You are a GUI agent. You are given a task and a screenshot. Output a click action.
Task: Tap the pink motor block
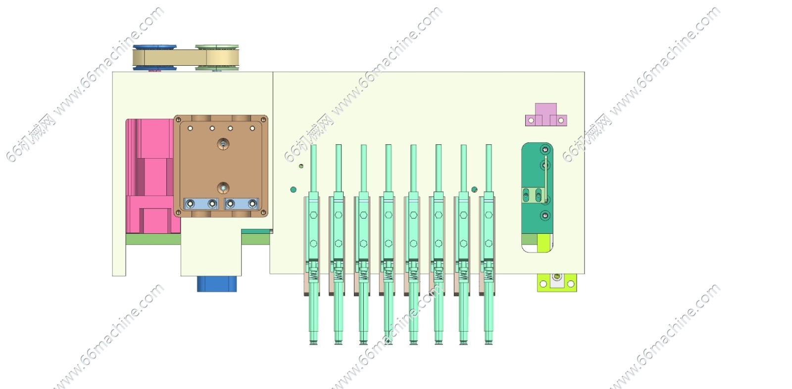(153, 176)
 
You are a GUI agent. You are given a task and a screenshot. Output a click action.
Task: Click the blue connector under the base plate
(217, 284)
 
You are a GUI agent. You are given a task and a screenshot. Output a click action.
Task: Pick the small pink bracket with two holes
(546, 115)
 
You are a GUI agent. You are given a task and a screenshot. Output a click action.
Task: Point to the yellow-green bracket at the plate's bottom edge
(557, 283)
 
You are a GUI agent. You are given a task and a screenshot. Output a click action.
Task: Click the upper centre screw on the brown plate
(223, 144)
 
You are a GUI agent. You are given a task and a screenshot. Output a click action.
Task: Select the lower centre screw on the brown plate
(223, 188)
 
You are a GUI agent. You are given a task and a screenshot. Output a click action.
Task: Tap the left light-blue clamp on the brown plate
(201, 204)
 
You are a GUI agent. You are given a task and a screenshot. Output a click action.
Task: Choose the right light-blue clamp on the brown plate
(241, 204)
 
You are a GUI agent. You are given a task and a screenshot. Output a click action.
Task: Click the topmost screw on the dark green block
(545, 150)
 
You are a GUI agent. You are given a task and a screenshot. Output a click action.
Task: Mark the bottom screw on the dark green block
(545, 216)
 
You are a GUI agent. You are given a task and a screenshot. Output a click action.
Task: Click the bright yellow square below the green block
(544, 243)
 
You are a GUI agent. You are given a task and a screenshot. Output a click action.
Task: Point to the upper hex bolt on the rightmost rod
(489, 215)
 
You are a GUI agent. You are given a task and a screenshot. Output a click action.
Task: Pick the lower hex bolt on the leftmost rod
(313, 243)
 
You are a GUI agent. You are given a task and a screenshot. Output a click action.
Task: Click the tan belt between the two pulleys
(186, 57)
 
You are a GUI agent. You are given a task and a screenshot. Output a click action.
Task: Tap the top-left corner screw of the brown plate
(178, 120)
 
